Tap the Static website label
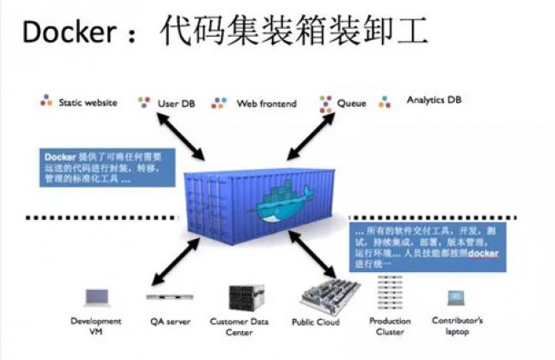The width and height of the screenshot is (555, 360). (88, 102)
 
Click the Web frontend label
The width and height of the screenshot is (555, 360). (266, 103)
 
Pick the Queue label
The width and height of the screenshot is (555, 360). (351, 103)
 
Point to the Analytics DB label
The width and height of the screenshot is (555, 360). (435, 101)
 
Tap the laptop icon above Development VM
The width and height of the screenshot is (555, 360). (96, 297)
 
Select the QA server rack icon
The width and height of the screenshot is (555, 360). (169, 297)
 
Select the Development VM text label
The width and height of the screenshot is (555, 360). (96, 327)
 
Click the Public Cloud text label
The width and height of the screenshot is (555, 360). (315, 322)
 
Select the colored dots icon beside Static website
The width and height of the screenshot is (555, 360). (47, 102)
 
